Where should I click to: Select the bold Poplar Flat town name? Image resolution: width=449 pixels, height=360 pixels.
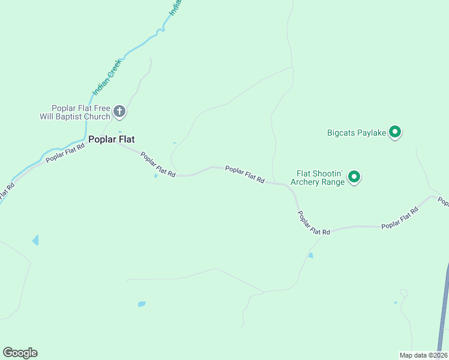(111, 139)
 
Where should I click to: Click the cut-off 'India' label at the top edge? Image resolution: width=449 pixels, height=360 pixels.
(175, 7)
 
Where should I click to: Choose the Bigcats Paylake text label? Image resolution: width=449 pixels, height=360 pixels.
(355, 132)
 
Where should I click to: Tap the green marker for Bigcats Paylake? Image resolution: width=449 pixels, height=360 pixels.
(395, 131)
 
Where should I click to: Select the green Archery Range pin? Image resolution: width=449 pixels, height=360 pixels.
(354, 176)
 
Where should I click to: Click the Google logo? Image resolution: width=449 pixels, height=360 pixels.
(20, 353)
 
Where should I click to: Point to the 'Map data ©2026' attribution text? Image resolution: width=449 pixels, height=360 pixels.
(423, 355)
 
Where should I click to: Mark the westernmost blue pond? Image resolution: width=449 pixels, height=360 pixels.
(35, 241)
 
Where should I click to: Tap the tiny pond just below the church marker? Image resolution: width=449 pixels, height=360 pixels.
(119, 132)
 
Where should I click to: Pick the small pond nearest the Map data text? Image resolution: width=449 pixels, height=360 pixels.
(395, 302)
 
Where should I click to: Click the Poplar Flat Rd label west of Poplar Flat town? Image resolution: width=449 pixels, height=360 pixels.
(65, 152)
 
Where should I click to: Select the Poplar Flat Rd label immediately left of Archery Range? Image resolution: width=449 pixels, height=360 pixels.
(245, 175)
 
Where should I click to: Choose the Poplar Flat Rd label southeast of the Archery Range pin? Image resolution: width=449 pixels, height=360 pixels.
(400, 218)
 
